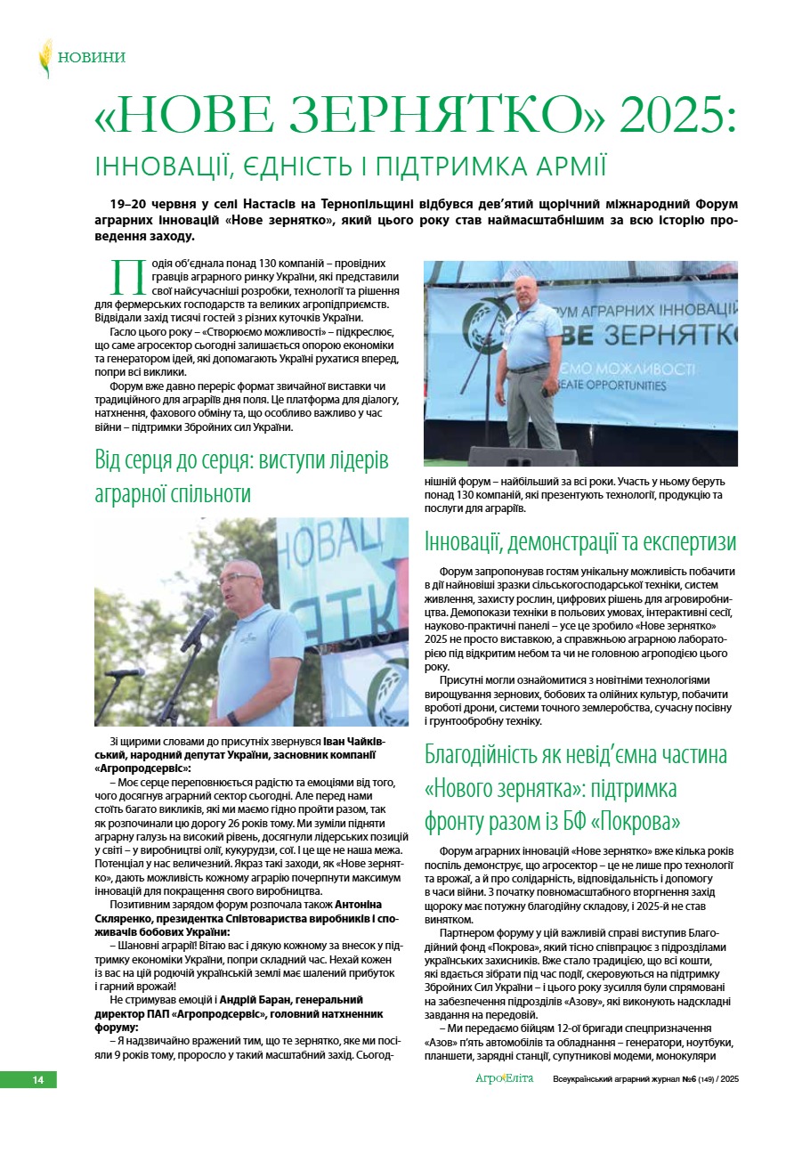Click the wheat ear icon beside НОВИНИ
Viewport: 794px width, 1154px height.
click(45, 58)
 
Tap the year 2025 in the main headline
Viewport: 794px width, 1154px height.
click(679, 116)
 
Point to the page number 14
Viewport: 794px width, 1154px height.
click(38, 1080)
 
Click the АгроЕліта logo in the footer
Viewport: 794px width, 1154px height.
click(504, 1079)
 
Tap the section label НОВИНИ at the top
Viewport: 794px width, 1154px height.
click(92, 58)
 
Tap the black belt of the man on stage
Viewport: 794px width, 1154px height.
click(528, 368)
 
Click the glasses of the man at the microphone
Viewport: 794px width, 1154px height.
click(236, 579)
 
